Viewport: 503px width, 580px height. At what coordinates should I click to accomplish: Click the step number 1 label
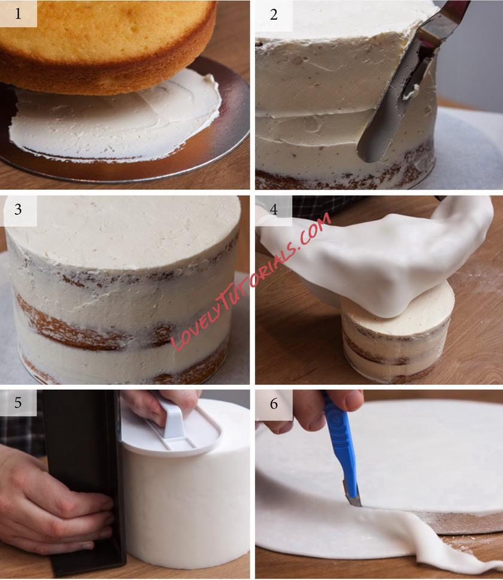pos(18,13)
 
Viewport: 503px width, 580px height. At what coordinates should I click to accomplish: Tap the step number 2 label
pos(274,14)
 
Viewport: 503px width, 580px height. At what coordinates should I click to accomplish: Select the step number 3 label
pos(18,209)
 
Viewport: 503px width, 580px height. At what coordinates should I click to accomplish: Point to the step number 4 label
pos(274,209)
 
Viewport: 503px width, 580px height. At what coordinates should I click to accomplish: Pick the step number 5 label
pos(18,402)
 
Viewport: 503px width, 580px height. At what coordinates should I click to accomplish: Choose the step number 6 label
pos(274,403)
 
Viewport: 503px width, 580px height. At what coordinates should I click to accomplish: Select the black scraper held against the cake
pos(84,481)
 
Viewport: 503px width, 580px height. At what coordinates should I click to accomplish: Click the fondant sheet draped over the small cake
pos(377,259)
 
